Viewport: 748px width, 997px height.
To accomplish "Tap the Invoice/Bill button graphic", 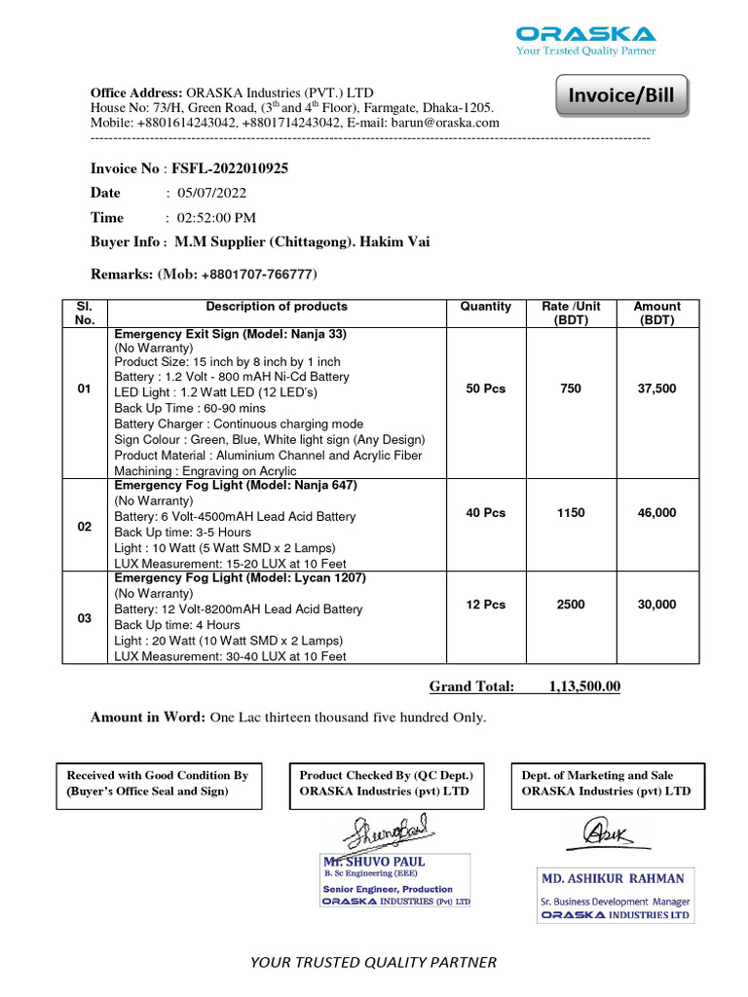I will tap(620, 97).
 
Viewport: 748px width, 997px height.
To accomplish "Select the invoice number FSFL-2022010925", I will tap(230, 168).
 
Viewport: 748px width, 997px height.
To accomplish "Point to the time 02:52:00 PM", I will tap(216, 217).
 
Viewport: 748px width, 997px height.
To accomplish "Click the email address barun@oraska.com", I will tap(445, 123).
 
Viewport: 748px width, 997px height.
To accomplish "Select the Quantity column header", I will tap(485, 307).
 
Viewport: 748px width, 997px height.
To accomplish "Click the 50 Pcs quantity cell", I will tap(486, 388).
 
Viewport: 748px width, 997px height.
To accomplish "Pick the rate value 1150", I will tap(571, 512).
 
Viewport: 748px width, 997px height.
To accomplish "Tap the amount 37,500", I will tap(656, 388).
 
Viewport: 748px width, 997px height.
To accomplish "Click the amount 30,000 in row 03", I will tap(656, 605).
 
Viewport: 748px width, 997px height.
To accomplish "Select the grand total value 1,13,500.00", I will tap(584, 686).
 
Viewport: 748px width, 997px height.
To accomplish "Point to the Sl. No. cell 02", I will tap(85, 527).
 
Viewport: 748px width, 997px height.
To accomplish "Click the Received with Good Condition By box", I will tap(158, 783).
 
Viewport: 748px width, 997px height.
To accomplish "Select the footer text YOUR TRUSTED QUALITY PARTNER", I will tap(373, 962).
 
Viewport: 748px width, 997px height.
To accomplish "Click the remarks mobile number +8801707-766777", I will tap(259, 275).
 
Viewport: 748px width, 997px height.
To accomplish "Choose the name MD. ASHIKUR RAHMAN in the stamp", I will tap(614, 878).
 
